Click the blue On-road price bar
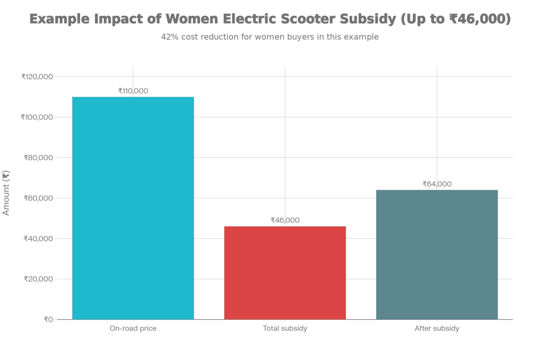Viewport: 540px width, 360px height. click(133, 208)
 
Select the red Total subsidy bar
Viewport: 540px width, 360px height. click(285, 273)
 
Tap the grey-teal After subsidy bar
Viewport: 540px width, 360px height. click(437, 254)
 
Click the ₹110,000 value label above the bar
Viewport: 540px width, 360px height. click(133, 91)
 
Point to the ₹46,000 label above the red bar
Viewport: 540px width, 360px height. click(285, 220)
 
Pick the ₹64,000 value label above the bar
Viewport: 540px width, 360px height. click(437, 184)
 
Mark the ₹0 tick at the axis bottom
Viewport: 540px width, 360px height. click(47, 319)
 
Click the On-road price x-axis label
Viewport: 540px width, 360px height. click(133, 328)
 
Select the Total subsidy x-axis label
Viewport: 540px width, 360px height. click(285, 328)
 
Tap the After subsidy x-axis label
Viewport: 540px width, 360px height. click(437, 328)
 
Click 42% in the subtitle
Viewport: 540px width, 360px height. click(169, 37)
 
